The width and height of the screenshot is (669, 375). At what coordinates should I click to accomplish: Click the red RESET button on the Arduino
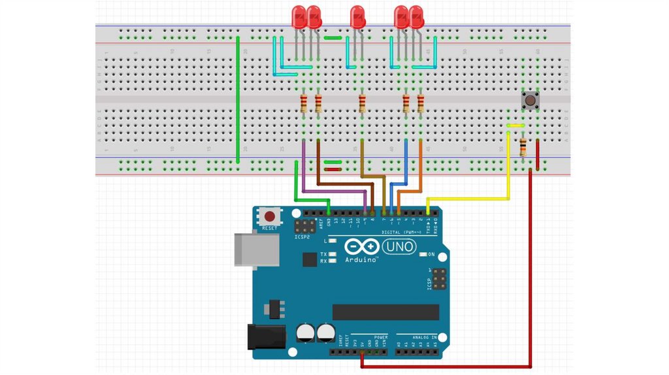(x=267, y=216)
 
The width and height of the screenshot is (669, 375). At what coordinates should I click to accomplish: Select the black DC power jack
(x=265, y=336)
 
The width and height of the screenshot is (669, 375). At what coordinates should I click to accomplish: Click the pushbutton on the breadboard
(x=530, y=101)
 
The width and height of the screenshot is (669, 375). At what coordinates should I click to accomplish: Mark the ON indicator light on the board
(x=423, y=254)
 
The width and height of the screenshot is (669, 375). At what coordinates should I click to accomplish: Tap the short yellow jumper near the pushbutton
(x=516, y=125)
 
